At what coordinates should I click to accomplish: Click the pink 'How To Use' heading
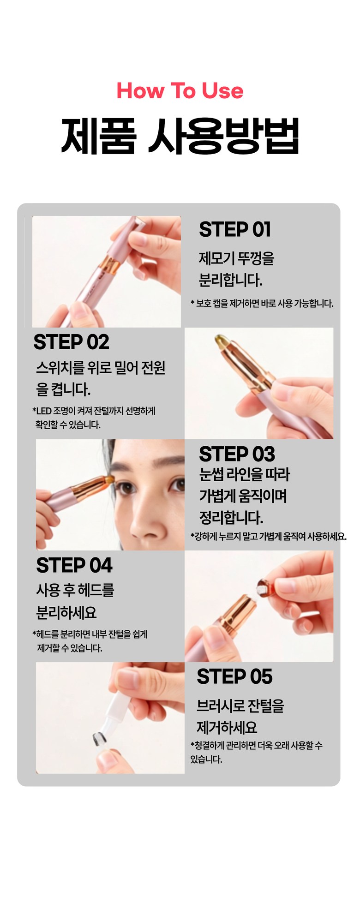point(180,90)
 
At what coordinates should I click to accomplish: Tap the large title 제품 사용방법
point(180,136)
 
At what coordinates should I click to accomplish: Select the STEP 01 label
point(234,229)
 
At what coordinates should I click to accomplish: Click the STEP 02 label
point(71,342)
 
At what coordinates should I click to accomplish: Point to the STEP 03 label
point(237,454)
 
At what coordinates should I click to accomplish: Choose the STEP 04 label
point(74,565)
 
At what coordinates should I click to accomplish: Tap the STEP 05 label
point(234,676)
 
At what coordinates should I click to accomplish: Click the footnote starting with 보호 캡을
point(262,303)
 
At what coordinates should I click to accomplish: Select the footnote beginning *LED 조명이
point(94,417)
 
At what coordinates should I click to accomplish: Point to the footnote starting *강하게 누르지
point(269,536)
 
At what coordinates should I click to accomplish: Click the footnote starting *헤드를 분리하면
point(90,641)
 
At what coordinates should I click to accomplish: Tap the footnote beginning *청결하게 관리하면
point(256,752)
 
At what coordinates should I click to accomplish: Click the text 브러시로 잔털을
point(240,706)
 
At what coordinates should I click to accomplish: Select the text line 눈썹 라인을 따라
point(245,474)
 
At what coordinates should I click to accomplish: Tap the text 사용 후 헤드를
point(75,590)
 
